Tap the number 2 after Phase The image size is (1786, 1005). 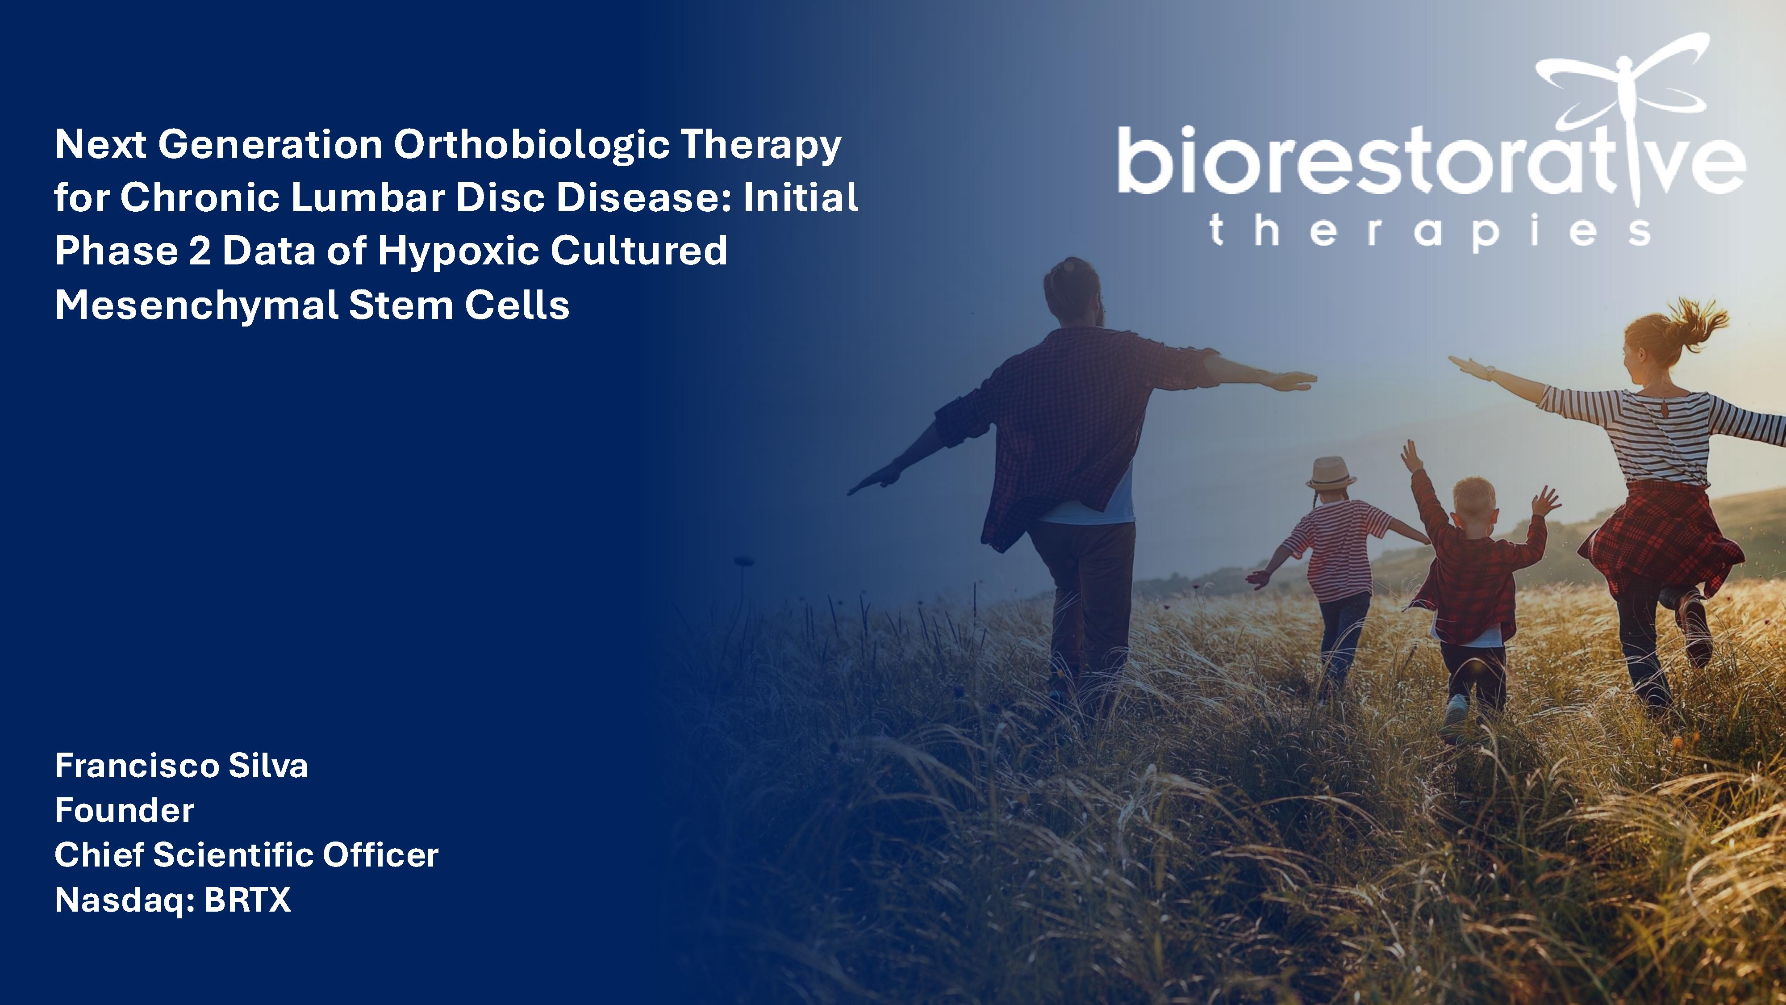pos(199,251)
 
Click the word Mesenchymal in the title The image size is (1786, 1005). pos(196,305)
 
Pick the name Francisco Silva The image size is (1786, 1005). pos(181,766)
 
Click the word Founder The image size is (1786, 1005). pos(124,810)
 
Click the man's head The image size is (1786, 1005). pos(1072,291)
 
